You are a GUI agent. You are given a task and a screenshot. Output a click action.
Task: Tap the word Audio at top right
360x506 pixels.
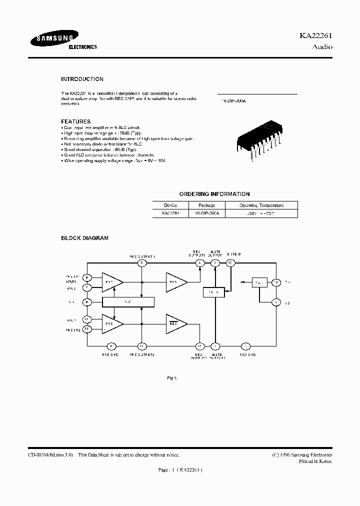click(322, 47)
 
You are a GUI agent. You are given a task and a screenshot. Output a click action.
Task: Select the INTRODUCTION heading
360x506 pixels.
click(82, 79)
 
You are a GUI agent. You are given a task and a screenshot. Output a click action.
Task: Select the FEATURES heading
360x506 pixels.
click(75, 121)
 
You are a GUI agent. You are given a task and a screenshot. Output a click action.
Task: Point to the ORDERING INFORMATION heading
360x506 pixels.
click(214, 194)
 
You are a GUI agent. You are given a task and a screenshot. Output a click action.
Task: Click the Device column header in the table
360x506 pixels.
click(170, 205)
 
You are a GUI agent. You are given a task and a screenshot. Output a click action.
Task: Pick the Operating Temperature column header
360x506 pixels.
click(261, 205)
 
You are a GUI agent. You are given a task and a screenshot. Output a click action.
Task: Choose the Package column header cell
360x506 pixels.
click(206, 205)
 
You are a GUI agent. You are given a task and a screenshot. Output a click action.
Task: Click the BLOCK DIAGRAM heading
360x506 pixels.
click(84, 238)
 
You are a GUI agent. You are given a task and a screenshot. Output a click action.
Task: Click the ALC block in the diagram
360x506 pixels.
click(128, 302)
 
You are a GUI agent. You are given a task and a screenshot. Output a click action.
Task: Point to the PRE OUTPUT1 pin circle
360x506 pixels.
click(142, 263)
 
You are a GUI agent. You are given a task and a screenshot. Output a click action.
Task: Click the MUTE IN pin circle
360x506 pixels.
click(230, 263)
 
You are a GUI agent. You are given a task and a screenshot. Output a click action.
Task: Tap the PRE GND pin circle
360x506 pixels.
click(111, 346)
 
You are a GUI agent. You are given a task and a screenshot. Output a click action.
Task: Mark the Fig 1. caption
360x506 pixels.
click(172, 378)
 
